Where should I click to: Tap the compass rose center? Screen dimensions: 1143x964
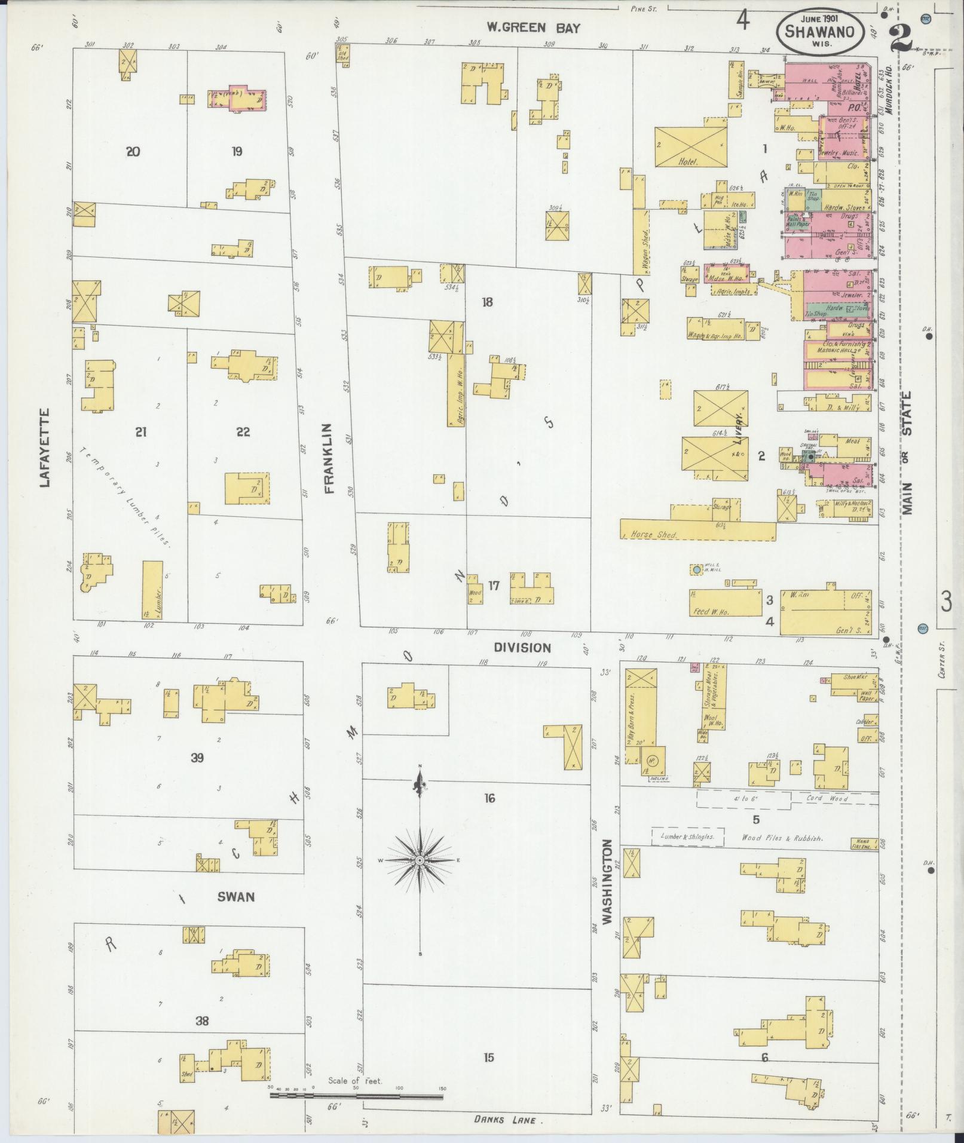pyautogui.click(x=420, y=859)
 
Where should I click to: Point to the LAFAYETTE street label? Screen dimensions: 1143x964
pyautogui.click(x=44, y=448)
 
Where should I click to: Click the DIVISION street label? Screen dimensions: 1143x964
pyautogui.click(x=522, y=647)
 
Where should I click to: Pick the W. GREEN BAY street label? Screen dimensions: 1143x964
pyautogui.click(x=533, y=27)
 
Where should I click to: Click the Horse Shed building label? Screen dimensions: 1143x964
pyautogui.click(x=654, y=535)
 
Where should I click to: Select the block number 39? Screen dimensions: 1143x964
pyautogui.click(x=197, y=758)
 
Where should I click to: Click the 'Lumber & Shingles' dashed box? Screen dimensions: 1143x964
pyautogui.click(x=687, y=836)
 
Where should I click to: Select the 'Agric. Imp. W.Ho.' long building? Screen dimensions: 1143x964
pyautogui.click(x=456, y=390)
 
